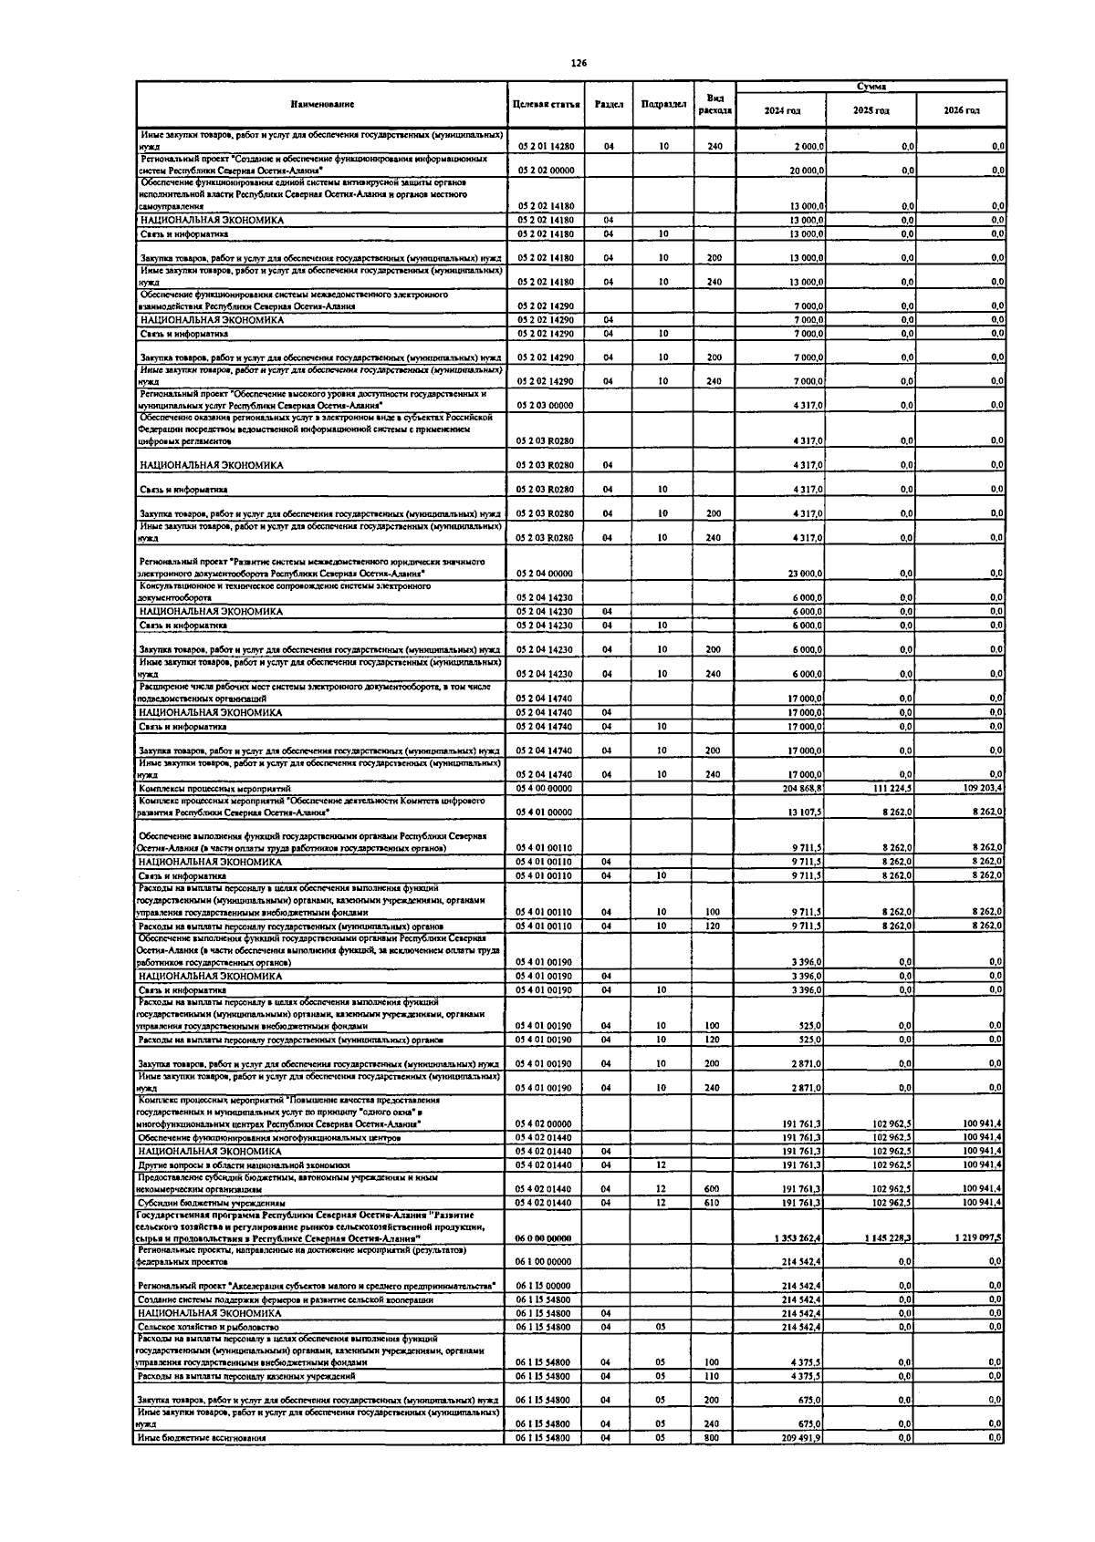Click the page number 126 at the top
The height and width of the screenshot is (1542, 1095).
pos(579,64)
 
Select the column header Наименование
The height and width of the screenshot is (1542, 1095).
pos(322,105)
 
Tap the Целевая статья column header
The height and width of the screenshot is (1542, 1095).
pos(547,105)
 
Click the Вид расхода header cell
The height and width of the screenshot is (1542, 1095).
pos(714,104)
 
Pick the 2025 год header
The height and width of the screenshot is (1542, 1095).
pos(871,110)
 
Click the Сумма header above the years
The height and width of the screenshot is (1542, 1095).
pos(871,87)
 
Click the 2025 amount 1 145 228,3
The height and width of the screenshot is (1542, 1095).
pos(886,1237)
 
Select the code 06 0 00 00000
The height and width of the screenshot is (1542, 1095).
pos(546,1237)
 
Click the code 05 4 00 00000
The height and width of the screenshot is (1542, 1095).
pos(546,788)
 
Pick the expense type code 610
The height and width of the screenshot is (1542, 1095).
pos(713,1202)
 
